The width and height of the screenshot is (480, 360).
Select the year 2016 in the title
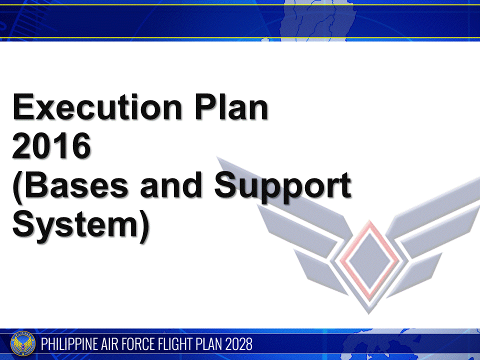[x=51, y=146]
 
